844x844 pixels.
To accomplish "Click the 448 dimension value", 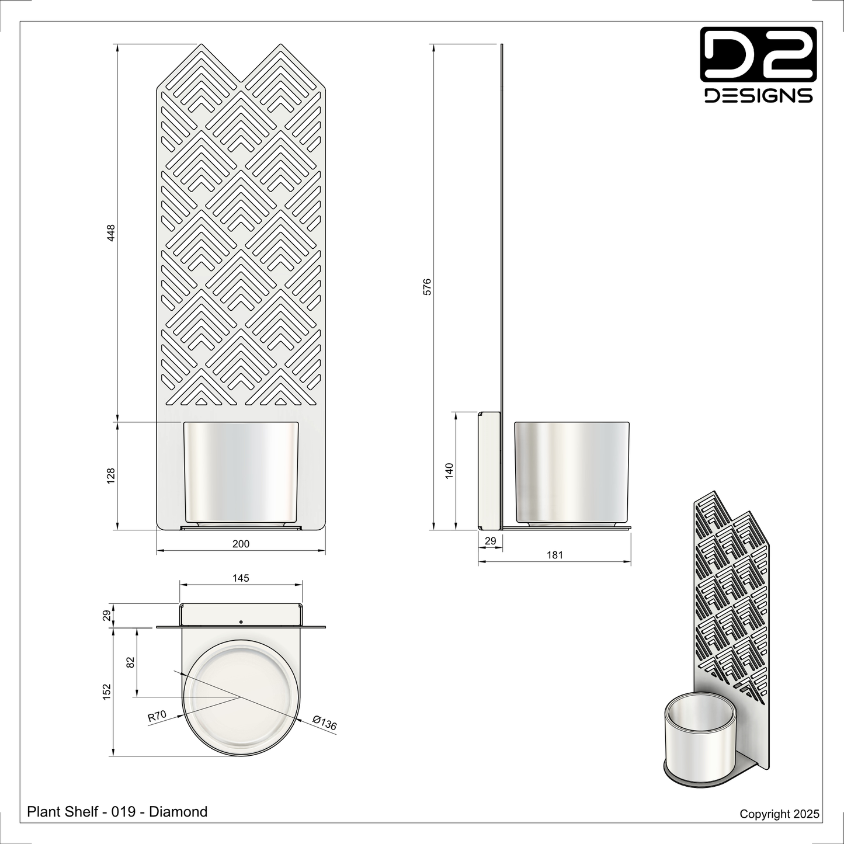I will [x=112, y=232].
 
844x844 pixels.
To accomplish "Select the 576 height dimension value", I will [x=427, y=286].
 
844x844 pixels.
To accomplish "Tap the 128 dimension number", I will [x=112, y=475].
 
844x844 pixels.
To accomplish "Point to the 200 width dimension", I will [x=241, y=544].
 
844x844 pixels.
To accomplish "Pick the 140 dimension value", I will [x=449, y=471].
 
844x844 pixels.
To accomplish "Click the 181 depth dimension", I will [x=554, y=555].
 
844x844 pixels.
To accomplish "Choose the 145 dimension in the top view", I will [x=241, y=578].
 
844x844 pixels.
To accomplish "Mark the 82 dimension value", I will [x=130, y=662].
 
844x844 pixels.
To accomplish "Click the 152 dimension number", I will [x=107, y=692].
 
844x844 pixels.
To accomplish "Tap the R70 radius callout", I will [x=157, y=716].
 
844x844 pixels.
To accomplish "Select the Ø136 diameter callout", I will [x=325, y=723].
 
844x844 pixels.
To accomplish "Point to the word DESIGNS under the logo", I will [x=758, y=96].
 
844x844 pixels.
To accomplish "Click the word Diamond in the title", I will [x=178, y=811].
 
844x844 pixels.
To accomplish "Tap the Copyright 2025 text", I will [x=779, y=814].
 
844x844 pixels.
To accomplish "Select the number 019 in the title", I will [x=123, y=811].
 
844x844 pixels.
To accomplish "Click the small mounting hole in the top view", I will [x=241, y=621].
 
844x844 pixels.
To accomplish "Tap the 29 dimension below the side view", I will [x=491, y=541].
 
